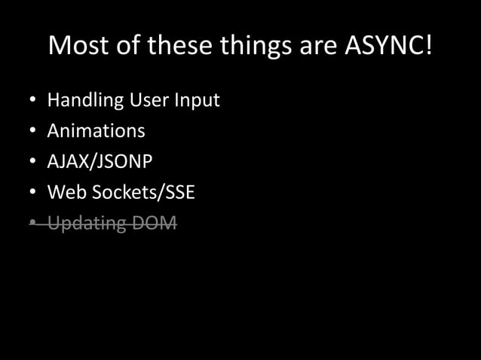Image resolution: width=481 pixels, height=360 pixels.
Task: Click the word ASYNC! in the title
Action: click(x=389, y=46)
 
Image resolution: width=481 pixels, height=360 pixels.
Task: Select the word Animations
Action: click(x=96, y=130)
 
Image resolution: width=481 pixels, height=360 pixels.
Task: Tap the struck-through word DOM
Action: click(x=156, y=223)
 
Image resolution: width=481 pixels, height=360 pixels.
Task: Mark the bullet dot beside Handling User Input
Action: click(x=32, y=101)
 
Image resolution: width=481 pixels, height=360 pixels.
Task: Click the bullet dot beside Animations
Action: click(x=32, y=132)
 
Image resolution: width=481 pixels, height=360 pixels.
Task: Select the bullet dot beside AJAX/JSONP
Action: click(x=32, y=162)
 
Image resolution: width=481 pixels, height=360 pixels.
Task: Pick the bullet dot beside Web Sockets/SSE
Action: click(x=32, y=193)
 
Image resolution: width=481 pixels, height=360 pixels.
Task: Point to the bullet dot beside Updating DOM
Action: click(x=32, y=224)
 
